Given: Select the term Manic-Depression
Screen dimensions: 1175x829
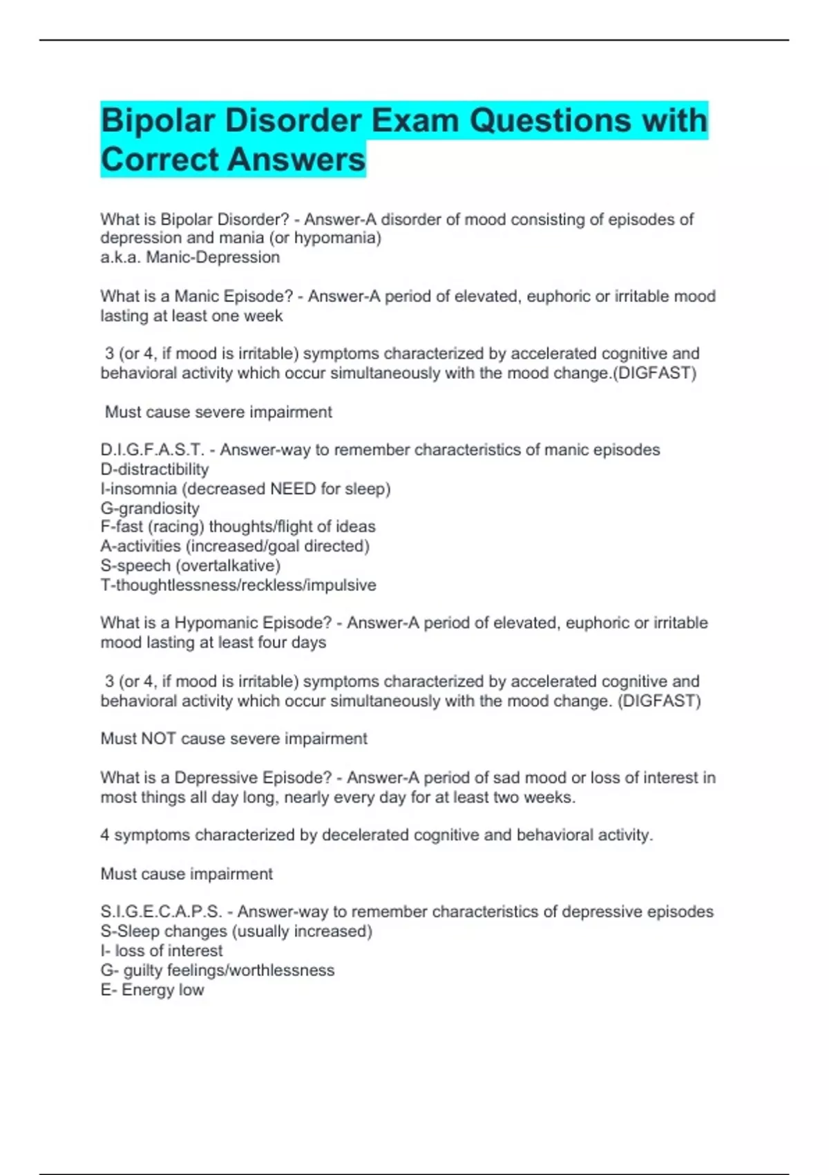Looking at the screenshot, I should (213, 257).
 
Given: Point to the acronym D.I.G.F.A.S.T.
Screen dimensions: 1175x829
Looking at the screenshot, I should (152, 450).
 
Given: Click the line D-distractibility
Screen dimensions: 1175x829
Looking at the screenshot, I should (155, 469).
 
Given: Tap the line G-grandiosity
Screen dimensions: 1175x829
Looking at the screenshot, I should (150, 508).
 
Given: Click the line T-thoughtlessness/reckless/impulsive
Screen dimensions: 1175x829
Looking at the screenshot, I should (238, 585).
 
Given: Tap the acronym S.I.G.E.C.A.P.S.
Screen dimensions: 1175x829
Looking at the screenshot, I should (161, 912).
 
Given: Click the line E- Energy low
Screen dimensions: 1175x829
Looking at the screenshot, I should (152, 990).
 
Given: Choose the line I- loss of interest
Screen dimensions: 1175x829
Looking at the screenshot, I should (162, 951).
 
